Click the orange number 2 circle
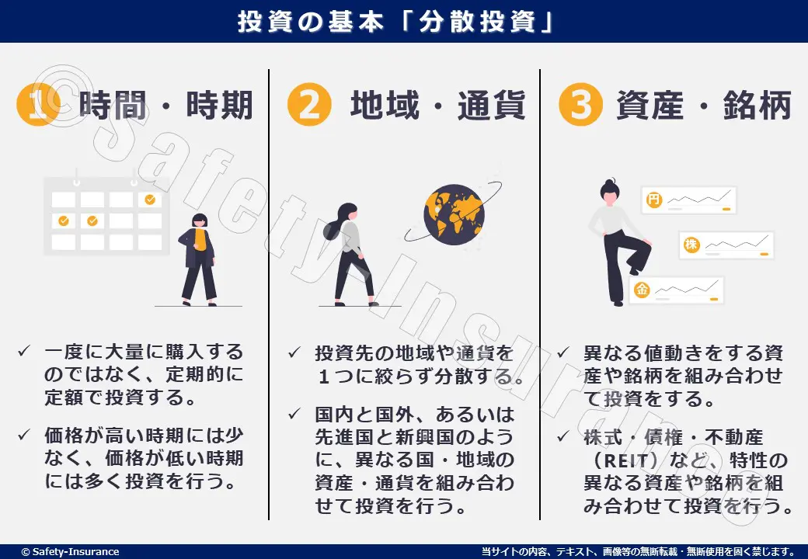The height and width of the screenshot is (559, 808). (309, 105)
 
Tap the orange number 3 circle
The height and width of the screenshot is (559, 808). (581, 105)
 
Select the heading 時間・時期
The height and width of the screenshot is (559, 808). (166, 105)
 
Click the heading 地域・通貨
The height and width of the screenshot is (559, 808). (437, 105)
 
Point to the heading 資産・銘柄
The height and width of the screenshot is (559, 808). (704, 105)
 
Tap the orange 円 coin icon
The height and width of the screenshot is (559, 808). (654, 200)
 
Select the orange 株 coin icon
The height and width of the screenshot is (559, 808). (691, 244)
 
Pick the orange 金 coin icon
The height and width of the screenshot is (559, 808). (642, 290)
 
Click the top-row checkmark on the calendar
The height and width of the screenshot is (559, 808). (150, 200)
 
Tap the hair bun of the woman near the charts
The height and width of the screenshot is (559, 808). (610, 182)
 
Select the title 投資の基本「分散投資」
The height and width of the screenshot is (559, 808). (395, 22)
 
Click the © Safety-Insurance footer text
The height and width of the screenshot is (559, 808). (70, 552)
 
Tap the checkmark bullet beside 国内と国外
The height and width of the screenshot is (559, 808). (294, 413)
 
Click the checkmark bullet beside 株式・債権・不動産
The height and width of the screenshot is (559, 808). (563, 436)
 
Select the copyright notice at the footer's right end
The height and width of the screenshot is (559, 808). (638, 552)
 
